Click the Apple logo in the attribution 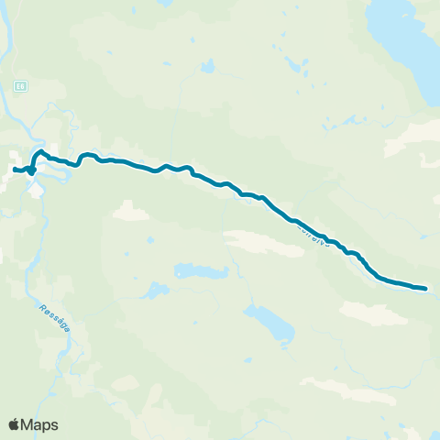15,424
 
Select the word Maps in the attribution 40,424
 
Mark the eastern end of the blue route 425,289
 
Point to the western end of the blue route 14,169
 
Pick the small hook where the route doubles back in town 31,170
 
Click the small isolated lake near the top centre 208,67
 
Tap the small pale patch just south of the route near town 130,212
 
